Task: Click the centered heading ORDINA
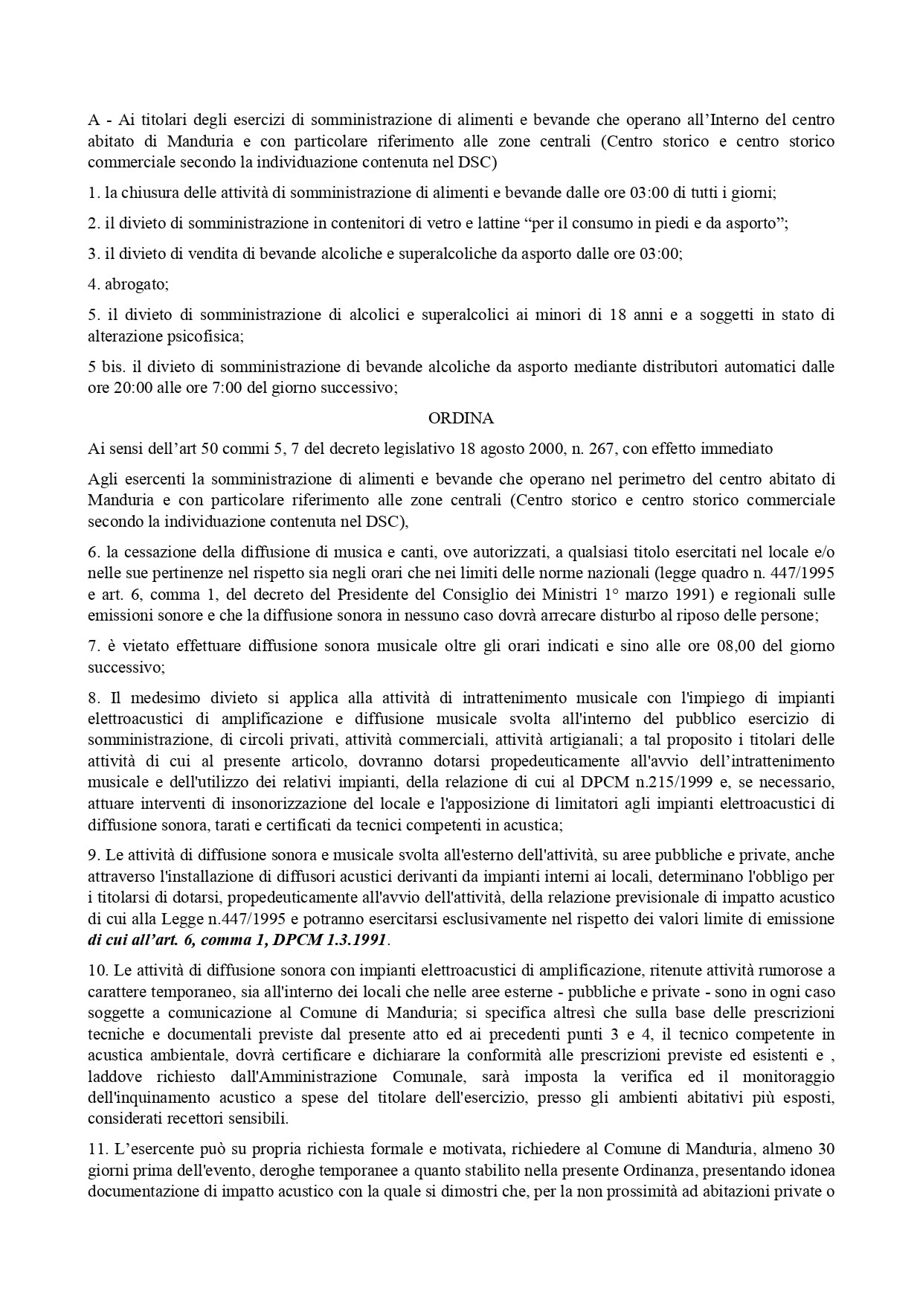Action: point(461,418)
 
